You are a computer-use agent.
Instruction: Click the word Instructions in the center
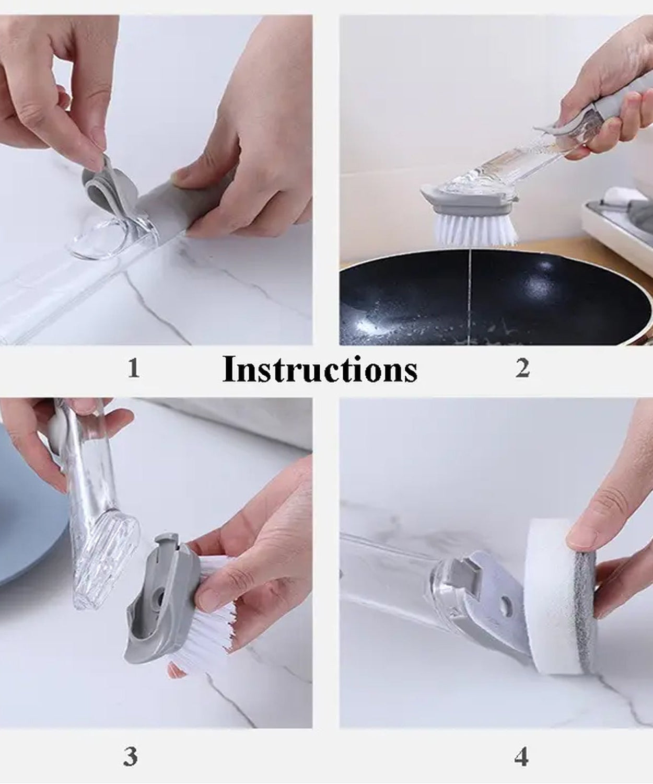(x=320, y=370)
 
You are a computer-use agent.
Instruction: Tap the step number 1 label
(x=134, y=368)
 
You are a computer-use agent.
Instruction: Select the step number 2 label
(x=522, y=368)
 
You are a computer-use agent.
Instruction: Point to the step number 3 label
(x=131, y=756)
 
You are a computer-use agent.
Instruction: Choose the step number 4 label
(x=521, y=756)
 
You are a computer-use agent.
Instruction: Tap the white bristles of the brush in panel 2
(x=475, y=230)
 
